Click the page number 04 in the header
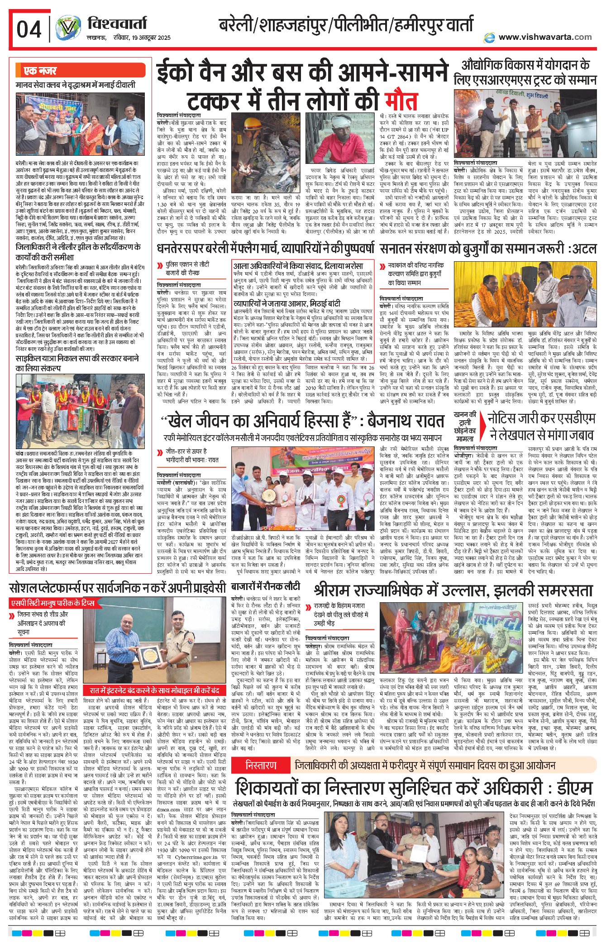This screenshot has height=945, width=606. point(29,30)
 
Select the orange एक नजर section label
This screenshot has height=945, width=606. point(41,71)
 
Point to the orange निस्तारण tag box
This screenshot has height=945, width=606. point(261,765)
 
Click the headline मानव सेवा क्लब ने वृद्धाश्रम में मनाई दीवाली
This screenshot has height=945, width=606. point(75,85)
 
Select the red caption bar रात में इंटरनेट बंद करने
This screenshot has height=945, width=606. point(154,690)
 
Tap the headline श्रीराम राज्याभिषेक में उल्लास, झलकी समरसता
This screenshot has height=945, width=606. point(453,590)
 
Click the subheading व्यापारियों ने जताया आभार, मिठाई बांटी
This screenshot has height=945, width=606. point(286,303)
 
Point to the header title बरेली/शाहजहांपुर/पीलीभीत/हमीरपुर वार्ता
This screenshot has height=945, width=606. point(346,24)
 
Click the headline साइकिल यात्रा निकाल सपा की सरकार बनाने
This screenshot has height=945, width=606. point(77,363)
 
